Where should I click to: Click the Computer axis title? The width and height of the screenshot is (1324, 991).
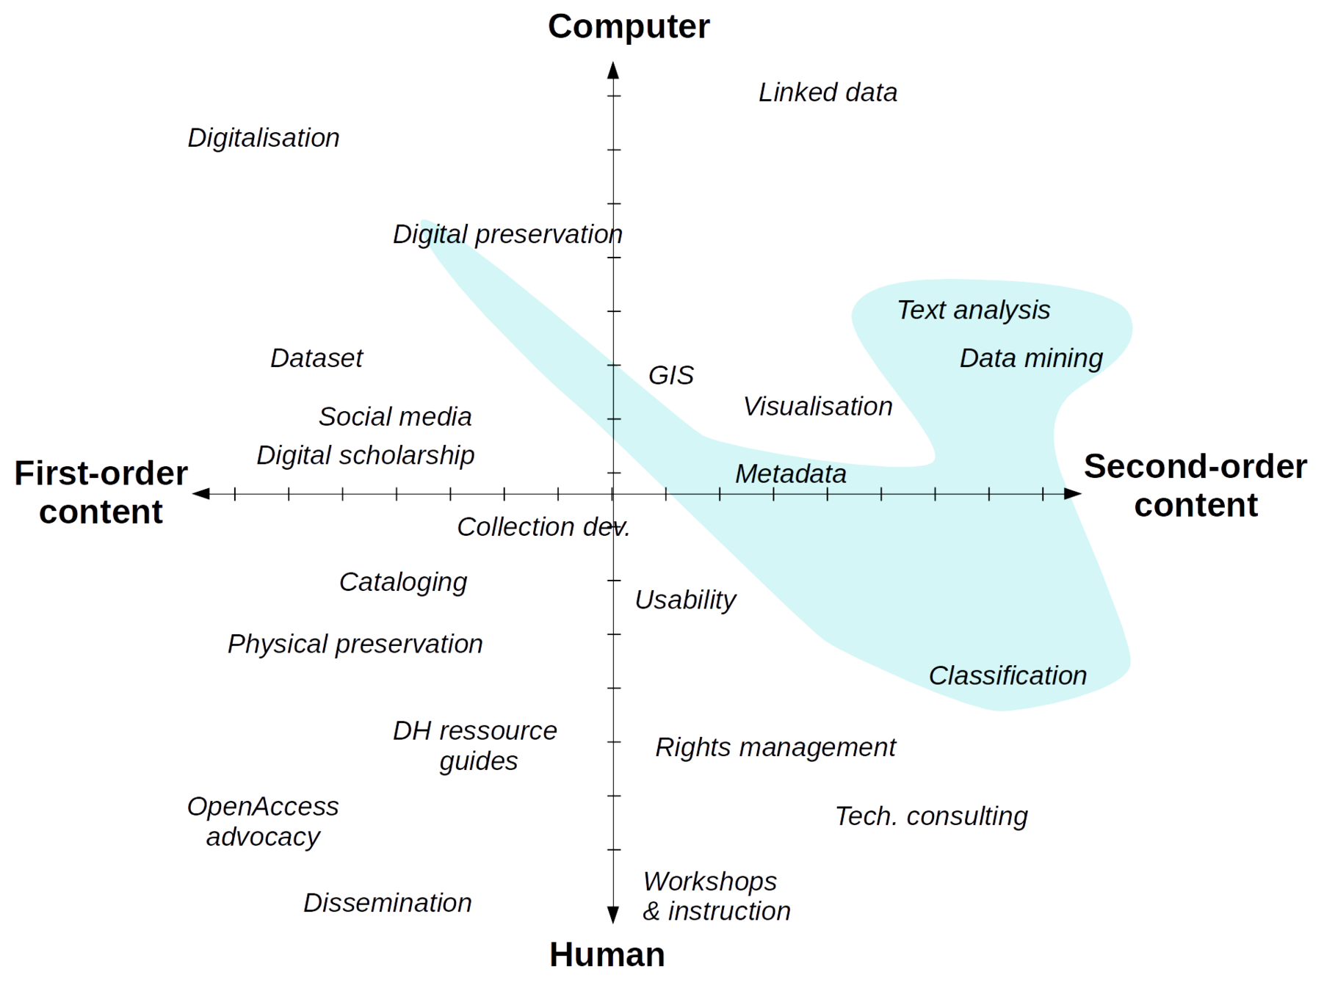pos(629,27)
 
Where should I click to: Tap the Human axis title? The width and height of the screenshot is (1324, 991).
pos(608,955)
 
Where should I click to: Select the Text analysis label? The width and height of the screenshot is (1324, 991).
pos(974,311)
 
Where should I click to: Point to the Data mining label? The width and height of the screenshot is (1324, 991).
pos(1031,358)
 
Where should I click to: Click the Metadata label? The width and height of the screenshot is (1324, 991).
pos(791,474)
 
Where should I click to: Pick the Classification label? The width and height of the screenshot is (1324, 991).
pos(1008,675)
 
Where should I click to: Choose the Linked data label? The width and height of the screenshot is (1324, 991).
pos(828,93)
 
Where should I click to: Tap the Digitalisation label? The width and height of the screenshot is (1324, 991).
pos(264,138)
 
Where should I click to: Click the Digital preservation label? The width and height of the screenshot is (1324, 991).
pos(507,235)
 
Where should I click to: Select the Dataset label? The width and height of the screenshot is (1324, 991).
pos(316,358)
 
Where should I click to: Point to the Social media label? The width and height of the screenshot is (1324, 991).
pos(395,417)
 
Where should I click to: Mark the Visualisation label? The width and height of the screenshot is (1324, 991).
pos(817,407)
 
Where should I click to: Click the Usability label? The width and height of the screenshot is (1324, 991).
pos(685,600)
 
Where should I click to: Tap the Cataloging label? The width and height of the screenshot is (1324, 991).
pos(403,583)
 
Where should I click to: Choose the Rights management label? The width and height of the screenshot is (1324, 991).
pos(775,748)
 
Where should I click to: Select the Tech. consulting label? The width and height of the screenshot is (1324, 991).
pos(932,816)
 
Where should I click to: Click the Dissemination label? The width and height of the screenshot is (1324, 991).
pos(387,903)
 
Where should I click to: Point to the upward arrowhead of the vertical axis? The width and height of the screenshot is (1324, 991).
pos(612,70)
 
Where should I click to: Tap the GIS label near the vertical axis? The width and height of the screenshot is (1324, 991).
pos(671,375)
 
